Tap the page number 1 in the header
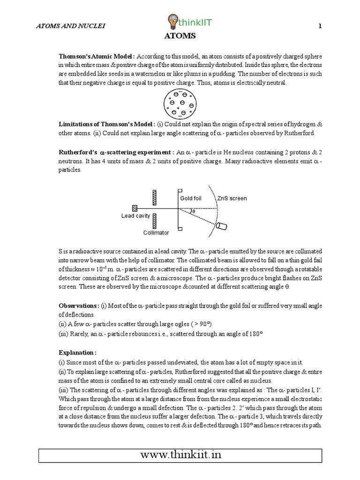[x=320, y=26]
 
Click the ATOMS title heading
[x=180, y=36]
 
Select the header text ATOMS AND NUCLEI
[x=71, y=26]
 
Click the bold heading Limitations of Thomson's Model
[x=107, y=124]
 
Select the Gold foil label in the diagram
[x=191, y=198]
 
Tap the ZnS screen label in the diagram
[x=232, y=198]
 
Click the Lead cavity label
[x=135, y=216]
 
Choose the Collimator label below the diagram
[x=156, y=232]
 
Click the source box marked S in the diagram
[x=135, y=208]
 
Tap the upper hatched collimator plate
[x=153, y=196]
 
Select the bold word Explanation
[x=77, y=352]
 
